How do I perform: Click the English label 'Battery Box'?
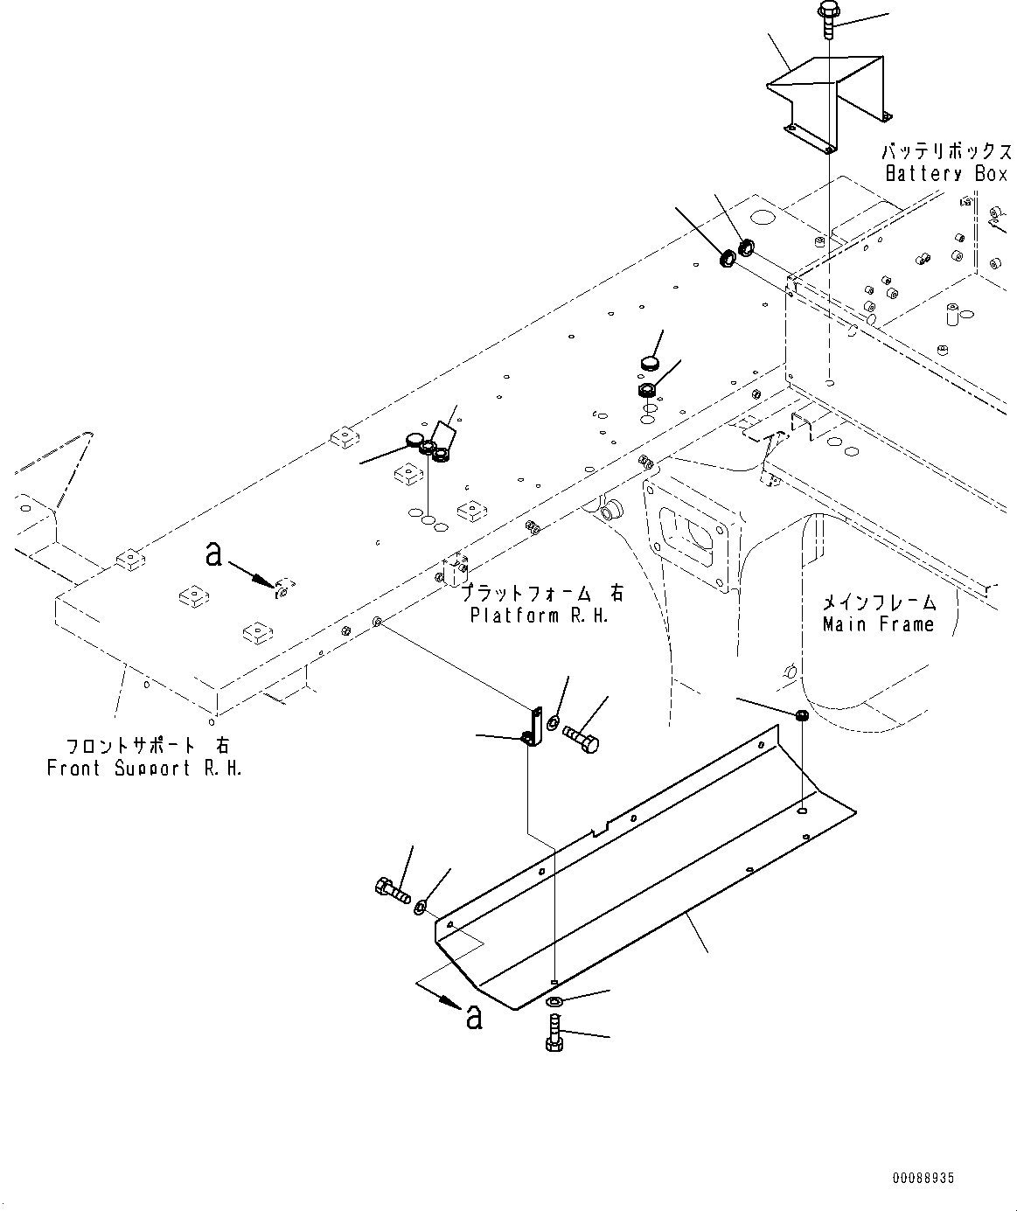coord(946,173)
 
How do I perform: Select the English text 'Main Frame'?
coord(878,624)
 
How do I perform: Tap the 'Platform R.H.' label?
coord(539,616)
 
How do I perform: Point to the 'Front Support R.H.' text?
coord(144,768)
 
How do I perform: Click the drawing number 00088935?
coord(923,1179)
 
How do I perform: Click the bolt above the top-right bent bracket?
coord(827,17)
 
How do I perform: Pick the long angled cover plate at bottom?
coord(638,883)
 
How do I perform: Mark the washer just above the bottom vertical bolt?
coord(556,1001)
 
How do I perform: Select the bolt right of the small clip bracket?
coord(581,738)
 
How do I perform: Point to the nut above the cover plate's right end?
coord(802,716)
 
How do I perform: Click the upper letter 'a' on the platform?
coord(212,553)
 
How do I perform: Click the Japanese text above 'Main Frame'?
coord(878,602)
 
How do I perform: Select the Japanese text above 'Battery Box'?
coord(946,150)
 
